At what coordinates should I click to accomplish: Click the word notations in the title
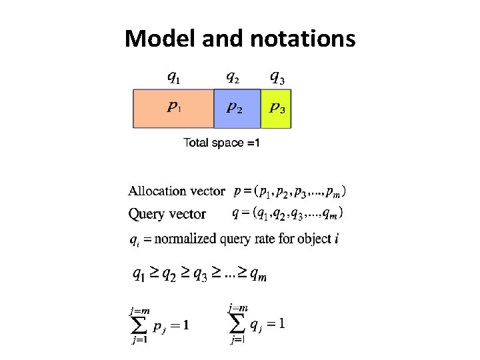(x=303, y=39)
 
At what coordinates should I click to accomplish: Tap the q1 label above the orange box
(x=172, y=78)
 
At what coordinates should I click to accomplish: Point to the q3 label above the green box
(x=277, y=78)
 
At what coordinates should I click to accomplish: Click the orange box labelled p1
(x=173, y=108)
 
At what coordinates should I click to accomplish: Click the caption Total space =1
(x=221, y=143)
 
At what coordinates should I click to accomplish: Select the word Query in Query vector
(x=145, y=214)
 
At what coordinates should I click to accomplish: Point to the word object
(x=313, y=238)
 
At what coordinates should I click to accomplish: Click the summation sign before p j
(x=139, y=326)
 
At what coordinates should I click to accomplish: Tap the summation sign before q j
(x=238, y=324)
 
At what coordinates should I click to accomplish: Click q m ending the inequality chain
(x=257, y=275)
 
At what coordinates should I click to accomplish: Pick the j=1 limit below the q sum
(x=237, y=340)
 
